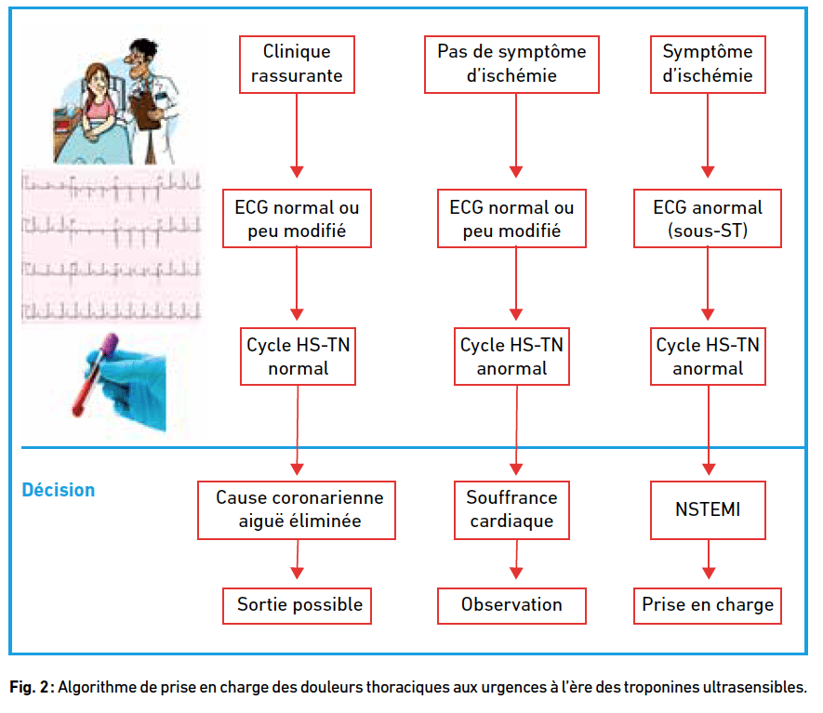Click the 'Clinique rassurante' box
point(297,64)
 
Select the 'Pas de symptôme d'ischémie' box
point(511,64)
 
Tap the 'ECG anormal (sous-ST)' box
point(708,218)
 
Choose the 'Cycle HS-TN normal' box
point(299,357)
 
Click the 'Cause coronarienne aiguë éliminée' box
point(297,510)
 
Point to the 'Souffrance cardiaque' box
point(511,510)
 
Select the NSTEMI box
point(708,510)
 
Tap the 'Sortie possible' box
point(297,606)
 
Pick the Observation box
point(511,606)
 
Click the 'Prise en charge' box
point(708,606)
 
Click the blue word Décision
point(59,490)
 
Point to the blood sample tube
point(95,376)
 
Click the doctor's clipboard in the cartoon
point(145,109)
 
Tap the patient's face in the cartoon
point(97,83)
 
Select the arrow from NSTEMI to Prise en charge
point(709,560)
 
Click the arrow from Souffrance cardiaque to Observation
point(516,560)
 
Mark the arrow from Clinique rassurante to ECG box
point(297,136)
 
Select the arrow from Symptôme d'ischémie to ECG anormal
point(708,136)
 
